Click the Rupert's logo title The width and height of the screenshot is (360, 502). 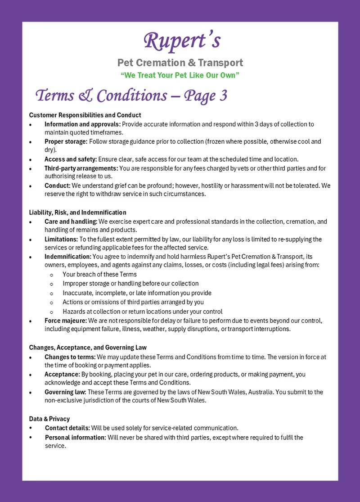[x=182, y=41]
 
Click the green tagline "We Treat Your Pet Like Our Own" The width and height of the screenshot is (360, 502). [x=180, y=75]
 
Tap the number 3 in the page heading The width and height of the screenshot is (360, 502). [x=222, y=96]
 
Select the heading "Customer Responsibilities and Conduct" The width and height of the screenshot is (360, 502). [x=85, y=115]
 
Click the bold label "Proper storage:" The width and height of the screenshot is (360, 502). [x=66, y=141]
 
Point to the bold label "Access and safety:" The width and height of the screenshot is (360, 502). [x=70, y=159]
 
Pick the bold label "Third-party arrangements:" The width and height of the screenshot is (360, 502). [x=81, y=168]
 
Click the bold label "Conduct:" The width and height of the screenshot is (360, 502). [x=57, y=185]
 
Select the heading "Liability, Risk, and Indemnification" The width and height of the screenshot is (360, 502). [x=77, y=213]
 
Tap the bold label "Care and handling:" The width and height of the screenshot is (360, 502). [x=71, y=222]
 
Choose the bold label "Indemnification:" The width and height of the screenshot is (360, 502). [x=67, y=257]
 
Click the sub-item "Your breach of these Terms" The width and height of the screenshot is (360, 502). [x=99, y=274]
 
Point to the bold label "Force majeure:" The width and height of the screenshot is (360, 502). [x=66, y=321]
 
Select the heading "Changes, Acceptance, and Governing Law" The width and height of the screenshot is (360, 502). [x=88, y=348]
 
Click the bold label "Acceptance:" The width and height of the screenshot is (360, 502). [x=62, y=374]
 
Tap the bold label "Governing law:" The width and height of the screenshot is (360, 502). [x=66, y=392]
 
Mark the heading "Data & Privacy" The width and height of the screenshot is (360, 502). [x=49, y=419]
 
